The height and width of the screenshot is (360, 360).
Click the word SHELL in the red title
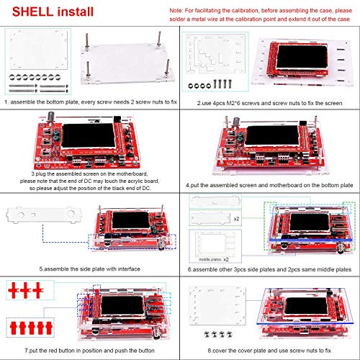click(32, 12)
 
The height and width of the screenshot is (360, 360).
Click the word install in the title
click(76, 12)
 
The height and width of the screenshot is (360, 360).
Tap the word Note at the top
click(176, 11)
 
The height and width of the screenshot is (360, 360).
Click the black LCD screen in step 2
click(302, 57)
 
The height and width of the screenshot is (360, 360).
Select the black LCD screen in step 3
click(89, 135)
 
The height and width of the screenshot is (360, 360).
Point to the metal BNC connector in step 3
click(51, 118)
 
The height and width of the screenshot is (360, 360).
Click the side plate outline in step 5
click(44, 215)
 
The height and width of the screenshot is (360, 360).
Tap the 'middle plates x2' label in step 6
click(213, 259)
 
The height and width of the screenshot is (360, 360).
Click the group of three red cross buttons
click(26, 290)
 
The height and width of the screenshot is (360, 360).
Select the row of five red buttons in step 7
click(31, 328)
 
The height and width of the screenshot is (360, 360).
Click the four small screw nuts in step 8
click(218, 333)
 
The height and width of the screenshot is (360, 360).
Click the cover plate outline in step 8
click(217, 305)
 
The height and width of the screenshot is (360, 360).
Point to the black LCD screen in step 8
click(307, 306)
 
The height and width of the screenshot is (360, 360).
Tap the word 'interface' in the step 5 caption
click(129, 269)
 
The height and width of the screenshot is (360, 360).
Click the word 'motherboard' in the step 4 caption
click(286, 185)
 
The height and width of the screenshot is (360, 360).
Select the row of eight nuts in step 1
click(35, 77)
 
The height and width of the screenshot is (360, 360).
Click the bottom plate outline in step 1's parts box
click(38, 49)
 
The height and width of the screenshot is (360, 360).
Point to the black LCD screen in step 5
click(131, 220)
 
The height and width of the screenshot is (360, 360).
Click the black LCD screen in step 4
click(272, 135)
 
